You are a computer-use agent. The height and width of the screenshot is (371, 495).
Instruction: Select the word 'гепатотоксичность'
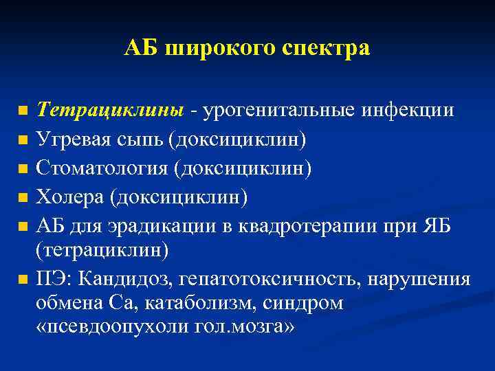pyautogui.click(x=271, y=280)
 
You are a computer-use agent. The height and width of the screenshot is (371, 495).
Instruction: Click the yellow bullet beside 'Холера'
pyautogui.click(x=23, y=199)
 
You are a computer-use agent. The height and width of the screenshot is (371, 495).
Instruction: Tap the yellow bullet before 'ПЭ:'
pyautogui.click(x=23, y=280)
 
